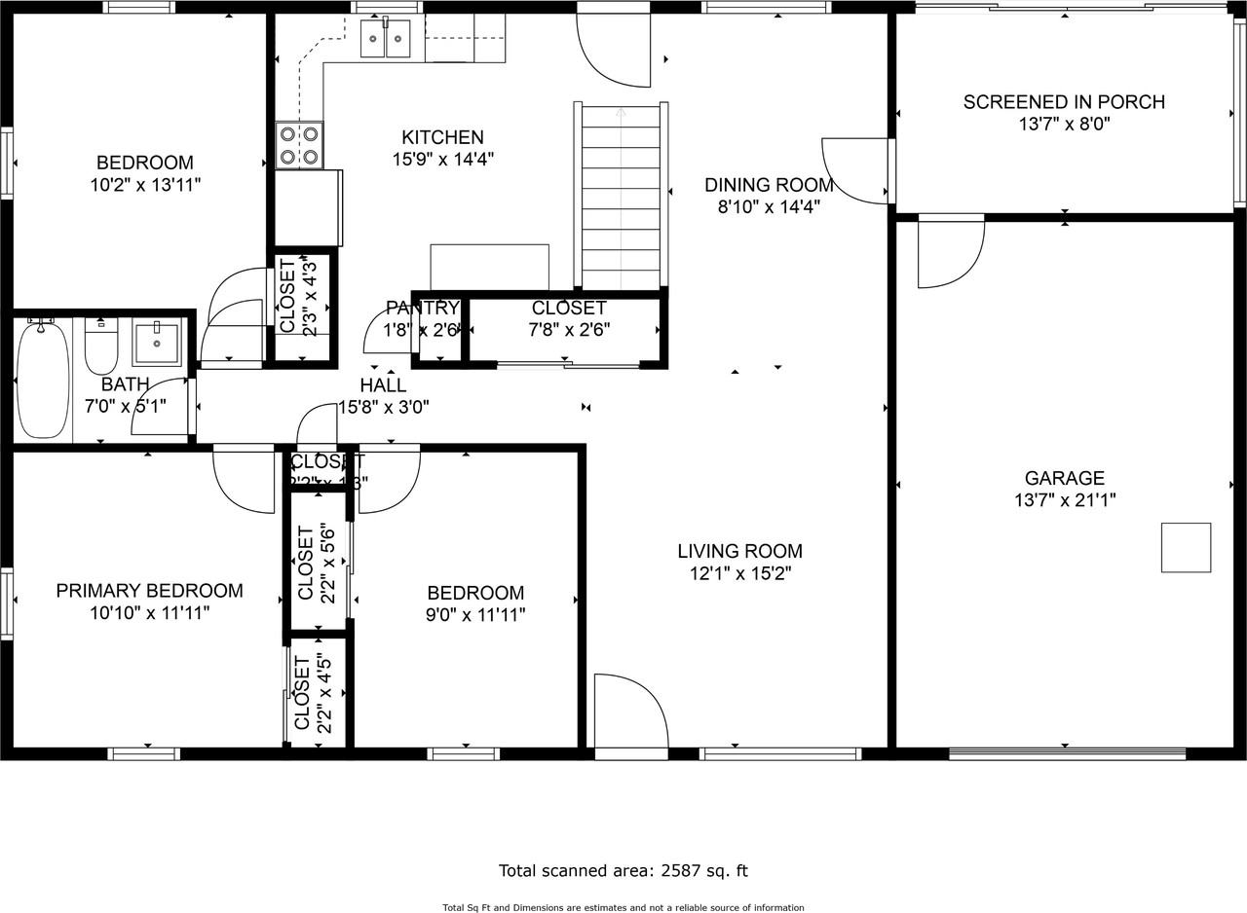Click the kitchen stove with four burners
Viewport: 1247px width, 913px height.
pos(299,145)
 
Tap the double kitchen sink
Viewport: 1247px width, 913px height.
pos(386,39)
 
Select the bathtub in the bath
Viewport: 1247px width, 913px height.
pos(43,379)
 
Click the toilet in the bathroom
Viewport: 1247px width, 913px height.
pos(101,346)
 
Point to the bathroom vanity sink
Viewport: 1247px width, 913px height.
pos(156,343)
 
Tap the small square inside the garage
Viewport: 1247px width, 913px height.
pos(1186,547)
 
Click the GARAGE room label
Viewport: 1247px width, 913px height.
pos(1064,478)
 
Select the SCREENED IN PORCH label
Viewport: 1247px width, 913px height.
pos(1064,101)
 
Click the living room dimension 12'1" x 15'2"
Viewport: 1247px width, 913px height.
pos(739,573)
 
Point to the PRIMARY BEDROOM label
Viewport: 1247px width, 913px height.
pos(149,590)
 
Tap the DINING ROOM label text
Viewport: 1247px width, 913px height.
pos(769,184)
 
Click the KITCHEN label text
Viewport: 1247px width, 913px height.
pos(442,137)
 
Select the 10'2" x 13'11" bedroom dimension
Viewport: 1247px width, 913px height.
pos(144,184)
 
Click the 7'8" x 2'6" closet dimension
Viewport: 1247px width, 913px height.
pos(569,330)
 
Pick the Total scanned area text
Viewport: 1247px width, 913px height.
pos(623,871)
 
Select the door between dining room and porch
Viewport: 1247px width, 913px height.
pos(855,171)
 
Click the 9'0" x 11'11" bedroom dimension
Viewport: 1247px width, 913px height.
pos(475,614)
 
